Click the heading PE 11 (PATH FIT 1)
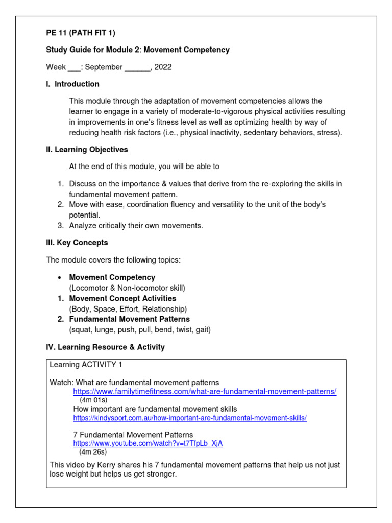81,33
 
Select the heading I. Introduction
73,84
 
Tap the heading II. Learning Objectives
87,150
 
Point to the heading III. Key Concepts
77,243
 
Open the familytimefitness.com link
205,392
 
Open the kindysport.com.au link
190,418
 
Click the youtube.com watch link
148,443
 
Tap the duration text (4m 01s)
93,400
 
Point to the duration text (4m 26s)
93,452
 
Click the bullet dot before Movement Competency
60,278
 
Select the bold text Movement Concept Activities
122,298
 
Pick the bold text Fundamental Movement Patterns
130,319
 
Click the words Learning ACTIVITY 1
86,365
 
